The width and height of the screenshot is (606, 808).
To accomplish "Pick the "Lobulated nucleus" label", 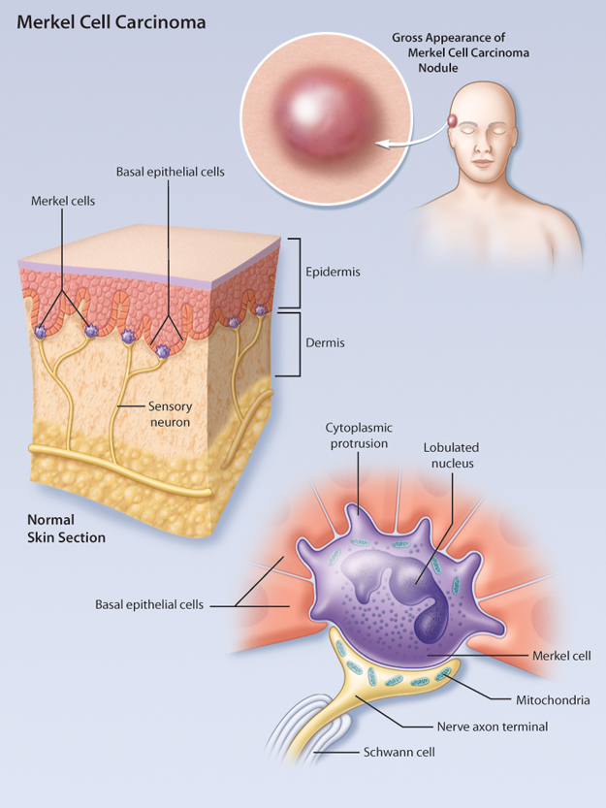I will tap(450, 455).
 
